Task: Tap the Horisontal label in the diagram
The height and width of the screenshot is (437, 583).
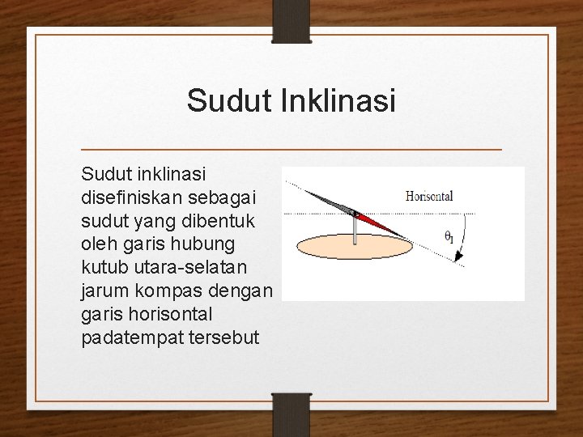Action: (x=429, y=196)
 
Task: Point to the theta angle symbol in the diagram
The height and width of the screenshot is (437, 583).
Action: (x=449, y=236)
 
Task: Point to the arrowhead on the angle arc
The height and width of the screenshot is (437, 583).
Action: (x=459, y=257)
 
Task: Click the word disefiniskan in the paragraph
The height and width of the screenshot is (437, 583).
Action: (x=128, y=197)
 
